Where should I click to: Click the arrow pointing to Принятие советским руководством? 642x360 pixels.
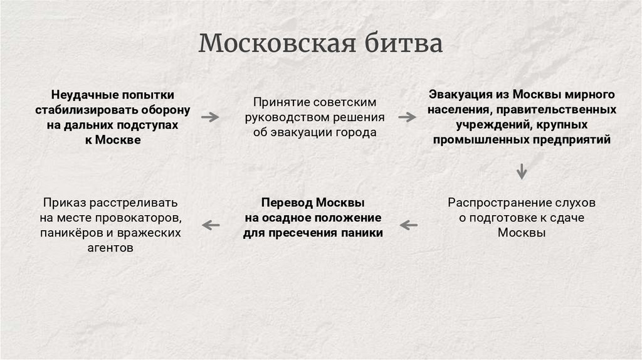pos(210,117)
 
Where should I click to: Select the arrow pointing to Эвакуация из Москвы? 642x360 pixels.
pos(407,117)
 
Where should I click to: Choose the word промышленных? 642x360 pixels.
pos(479,140)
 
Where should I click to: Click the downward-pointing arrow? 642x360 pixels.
pos(521,171)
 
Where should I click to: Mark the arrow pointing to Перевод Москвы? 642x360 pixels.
pos(409,225)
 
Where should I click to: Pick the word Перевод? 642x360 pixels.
pos(286,203)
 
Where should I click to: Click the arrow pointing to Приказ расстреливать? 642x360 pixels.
pos(210,225)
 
